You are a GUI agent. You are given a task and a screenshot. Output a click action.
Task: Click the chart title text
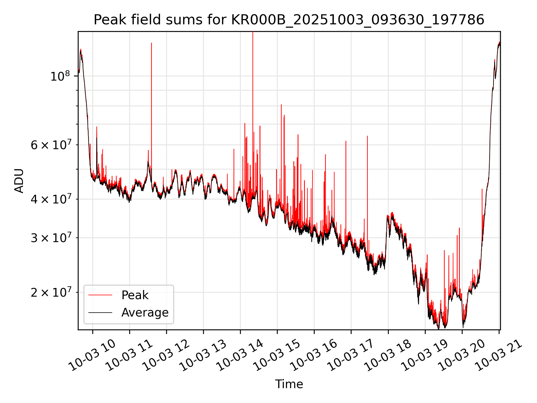pyautogui.click(x=289, y=20)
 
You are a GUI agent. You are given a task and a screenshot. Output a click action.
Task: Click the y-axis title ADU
pyautogui.click(x=19, y=181)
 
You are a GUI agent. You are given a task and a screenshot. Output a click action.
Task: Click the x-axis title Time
pyautogui.click(x=289, y=384)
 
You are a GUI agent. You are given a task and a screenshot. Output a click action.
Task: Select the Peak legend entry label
pyautogui.click(x=135, y=295)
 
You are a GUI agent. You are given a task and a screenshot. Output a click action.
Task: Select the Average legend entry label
pyautogui.click(x=145, y=313)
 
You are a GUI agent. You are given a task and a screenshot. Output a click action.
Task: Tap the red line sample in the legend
pyautogui.click(x=100, y=295)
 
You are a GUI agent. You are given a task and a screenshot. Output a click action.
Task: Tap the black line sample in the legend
pyautogui.click(x=100, y=313)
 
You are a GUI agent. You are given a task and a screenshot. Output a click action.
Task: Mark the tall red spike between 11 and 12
pyautogui.click(x=152, y=84)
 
